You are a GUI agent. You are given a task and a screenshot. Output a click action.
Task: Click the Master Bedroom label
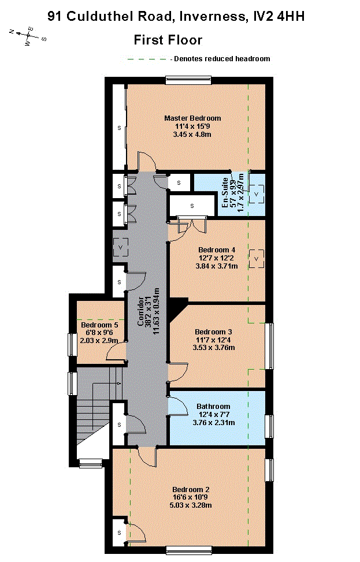coord(192,118)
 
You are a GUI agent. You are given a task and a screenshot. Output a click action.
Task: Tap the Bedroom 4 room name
coord(217,250)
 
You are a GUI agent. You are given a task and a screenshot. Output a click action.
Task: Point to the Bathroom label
coord(213,407)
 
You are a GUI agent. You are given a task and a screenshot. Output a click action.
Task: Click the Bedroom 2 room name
coord(191,490)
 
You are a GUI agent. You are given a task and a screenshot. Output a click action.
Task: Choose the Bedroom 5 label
coord(99,325)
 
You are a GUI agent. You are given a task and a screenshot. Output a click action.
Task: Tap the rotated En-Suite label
coord(225,193)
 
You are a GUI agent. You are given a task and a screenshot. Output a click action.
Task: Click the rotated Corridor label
coord(141,311)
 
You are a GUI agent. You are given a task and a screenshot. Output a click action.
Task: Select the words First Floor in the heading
coord(168,40)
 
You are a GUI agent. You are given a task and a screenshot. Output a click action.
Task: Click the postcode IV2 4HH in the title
coord(279,17)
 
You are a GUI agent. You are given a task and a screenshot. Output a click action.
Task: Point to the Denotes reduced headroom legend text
coord(222,59)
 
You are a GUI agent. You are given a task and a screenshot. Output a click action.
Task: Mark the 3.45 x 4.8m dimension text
coord(192,135)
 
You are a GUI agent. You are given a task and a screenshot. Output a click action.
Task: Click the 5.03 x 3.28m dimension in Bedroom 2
coord(191,505)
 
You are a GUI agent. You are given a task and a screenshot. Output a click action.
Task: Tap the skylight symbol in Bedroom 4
coord(257,259)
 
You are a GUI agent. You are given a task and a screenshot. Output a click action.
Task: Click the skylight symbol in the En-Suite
coord(257,194)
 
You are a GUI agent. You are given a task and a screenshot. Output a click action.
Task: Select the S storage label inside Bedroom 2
coord(120,533)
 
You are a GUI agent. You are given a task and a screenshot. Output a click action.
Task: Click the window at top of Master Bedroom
coord(188,80)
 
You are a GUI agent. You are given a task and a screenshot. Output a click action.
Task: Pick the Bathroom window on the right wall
coord(269,426)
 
